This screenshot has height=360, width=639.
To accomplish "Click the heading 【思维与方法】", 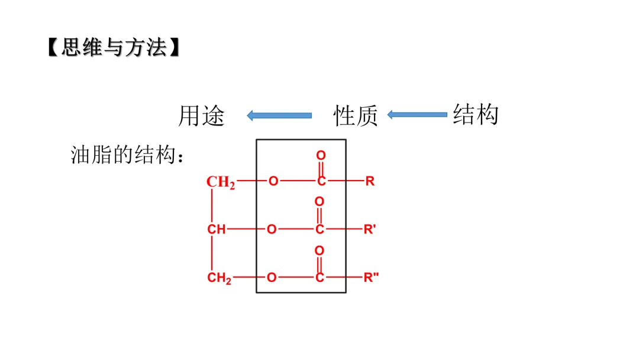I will [112, 48].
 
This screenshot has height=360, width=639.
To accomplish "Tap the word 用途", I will [202, 116].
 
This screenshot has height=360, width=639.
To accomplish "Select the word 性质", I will [356, 116].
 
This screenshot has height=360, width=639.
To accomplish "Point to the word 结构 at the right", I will [476, 114].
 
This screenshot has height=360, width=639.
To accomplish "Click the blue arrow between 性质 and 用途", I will [279, 115].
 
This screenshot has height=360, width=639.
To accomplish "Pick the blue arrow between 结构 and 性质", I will [417, 114].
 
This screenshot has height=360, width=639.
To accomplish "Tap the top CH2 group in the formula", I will [220, 182].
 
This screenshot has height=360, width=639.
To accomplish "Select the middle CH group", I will [217, 229].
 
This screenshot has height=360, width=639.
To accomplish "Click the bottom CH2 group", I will [219, 278].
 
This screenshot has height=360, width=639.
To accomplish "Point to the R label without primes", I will [370, 181].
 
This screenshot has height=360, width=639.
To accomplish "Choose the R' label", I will [370, 229].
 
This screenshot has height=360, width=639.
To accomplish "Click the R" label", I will [371, 277].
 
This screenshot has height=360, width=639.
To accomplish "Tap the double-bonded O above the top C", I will [321, 155].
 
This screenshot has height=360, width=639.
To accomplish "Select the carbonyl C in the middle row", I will [319, 229].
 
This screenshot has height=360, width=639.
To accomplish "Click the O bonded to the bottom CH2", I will [272, 277].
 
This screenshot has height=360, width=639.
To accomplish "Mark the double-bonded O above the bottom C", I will [319, 251].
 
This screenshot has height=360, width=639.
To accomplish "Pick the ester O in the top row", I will [273, 181].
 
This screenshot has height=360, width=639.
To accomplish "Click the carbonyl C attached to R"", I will [319, 277].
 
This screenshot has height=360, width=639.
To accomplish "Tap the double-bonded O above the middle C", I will [319, 202].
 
